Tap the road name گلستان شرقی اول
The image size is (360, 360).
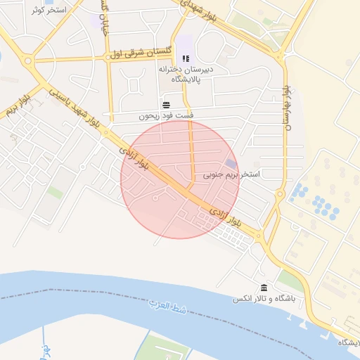tap(141, 53)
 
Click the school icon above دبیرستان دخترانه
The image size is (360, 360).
tap(185, 58)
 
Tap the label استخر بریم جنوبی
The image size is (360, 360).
tap(232, 174)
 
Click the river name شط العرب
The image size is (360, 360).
tap(167, 307)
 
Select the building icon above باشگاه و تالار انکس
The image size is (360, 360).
tap(264, 288)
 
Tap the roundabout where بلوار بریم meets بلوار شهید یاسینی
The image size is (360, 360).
tap(30, 61)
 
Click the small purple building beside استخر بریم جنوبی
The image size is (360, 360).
tap(231, 164)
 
